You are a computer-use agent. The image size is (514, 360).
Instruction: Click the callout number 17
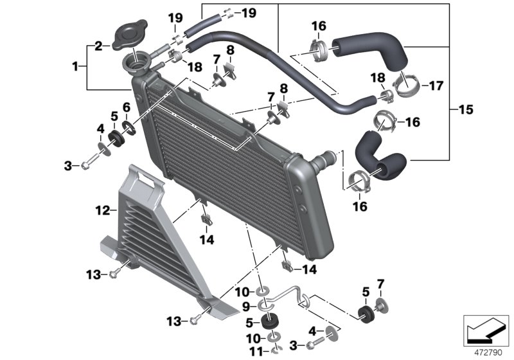tap(436, 85)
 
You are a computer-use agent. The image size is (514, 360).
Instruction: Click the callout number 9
tap(247, 306)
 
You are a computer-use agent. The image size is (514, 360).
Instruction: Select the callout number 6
tap(127, 107)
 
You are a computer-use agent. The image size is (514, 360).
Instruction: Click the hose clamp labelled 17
tap(407, 85)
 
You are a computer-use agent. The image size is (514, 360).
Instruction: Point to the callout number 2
tap(98, 46)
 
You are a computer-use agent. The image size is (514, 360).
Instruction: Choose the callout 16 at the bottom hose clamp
tap(360, 206)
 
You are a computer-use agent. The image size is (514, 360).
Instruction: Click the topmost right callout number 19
tap(249, 12)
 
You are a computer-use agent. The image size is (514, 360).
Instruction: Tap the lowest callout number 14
tap(310, 270)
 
